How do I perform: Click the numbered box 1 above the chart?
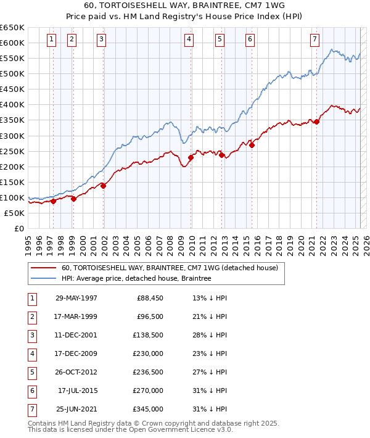coord(51,39)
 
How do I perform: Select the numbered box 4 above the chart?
coord(189,39)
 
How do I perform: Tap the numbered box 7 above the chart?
coord(314,39)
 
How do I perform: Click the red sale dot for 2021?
coord(317,122)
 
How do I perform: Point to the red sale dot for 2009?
coord(191,157)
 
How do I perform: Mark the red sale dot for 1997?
coord(54,200)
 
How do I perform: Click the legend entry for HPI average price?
coord(136,279)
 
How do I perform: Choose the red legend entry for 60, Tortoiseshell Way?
coord(170,268)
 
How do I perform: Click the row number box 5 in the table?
coord(31,372)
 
